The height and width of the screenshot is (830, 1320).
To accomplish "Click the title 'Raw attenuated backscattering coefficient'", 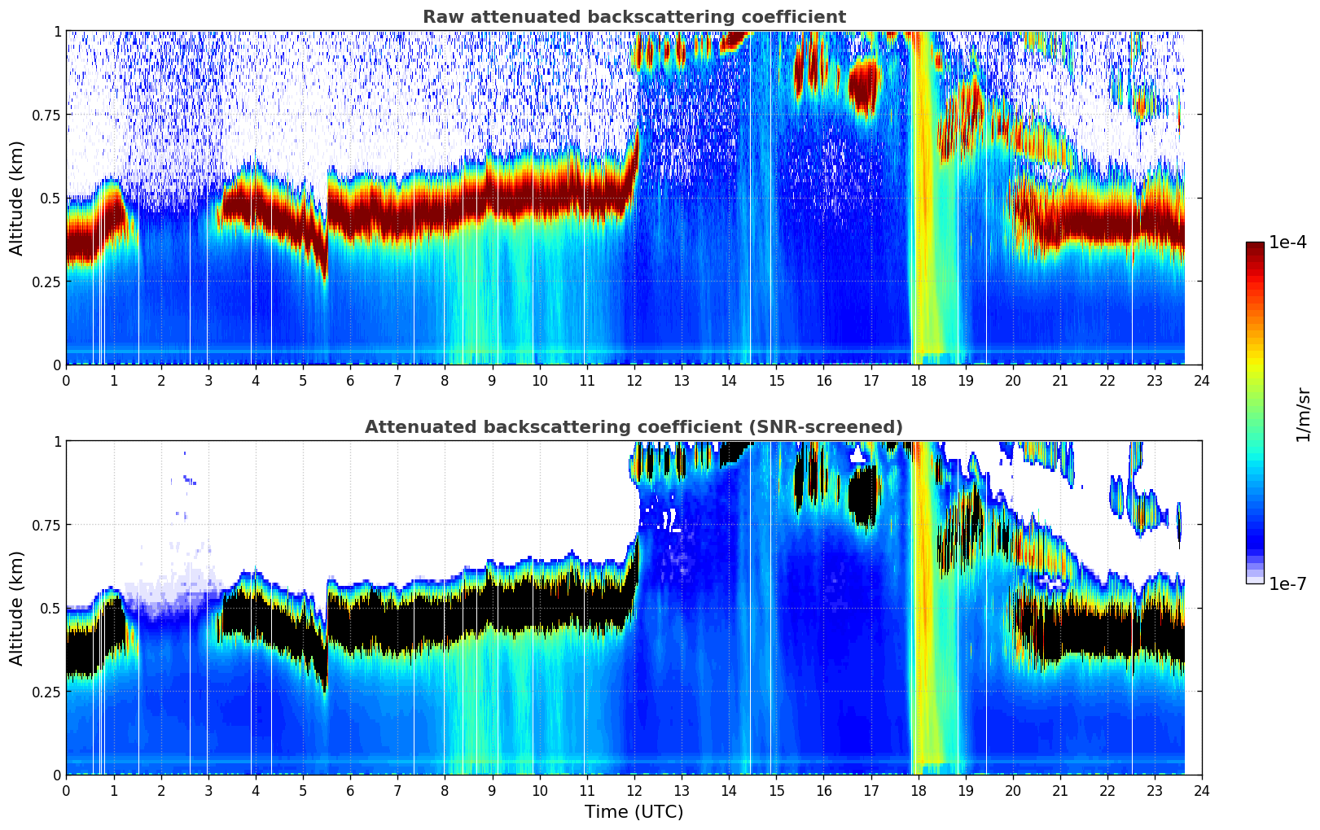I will pos(634,17).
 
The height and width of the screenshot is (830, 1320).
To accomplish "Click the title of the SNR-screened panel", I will pos(634,427).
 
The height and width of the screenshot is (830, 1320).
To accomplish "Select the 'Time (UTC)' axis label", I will pos(634,812).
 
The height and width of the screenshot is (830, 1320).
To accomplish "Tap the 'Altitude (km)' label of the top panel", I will pos(17,198).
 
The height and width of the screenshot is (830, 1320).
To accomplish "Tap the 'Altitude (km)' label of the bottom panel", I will pos(17,608).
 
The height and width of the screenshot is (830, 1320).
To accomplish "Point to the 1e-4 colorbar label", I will pos(1289,242).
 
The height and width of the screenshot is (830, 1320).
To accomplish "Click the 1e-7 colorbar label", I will pos(1289,583).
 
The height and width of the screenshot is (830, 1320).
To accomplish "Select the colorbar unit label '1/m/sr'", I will pos(1302,413).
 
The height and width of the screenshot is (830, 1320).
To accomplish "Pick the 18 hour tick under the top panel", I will pos(918,380).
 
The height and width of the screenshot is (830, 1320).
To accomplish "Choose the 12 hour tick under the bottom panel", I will pos(634,790).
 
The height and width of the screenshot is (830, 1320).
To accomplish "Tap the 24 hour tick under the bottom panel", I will pos(1201,790).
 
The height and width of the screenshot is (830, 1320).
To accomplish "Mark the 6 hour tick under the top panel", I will pos(350,380).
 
